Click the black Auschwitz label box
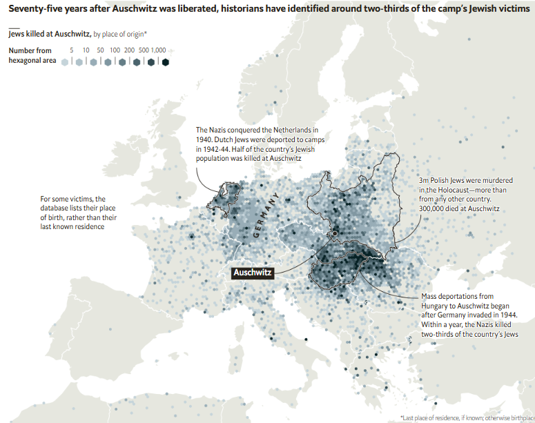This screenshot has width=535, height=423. [x=253, y=273]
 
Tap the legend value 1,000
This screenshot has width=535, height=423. [x=159, y=51]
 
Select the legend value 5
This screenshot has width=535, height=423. [x=72, y=51]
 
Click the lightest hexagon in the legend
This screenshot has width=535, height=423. [x=65, y=62]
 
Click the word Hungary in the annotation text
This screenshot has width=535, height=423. [x=436, y=306]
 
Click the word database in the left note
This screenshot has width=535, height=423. [x=58, y=208]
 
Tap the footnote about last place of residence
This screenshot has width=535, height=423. [x=466, y=417]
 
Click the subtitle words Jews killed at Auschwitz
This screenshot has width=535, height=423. [x=49, y=33]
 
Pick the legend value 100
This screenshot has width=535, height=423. [x=115, y=51]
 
